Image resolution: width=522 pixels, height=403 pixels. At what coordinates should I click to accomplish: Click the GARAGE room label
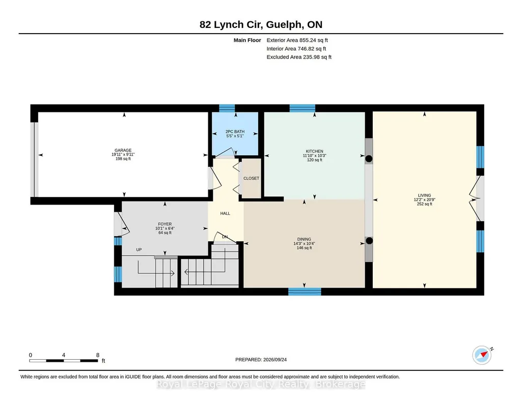click(x=123, y=150)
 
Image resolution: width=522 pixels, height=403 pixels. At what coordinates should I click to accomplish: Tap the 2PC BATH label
click(x=235, y=132)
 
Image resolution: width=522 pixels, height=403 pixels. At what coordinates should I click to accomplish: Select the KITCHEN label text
click(x=315, y=151)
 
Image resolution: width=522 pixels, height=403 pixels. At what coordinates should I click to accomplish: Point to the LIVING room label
click(x=424, y=195)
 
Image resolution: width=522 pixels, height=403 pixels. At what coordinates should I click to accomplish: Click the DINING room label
click(x=304, y=239)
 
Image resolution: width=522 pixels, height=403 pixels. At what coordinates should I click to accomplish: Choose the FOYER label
click(x=165, y=224)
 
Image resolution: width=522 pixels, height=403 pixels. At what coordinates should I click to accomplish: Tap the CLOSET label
click(x=252, y=178)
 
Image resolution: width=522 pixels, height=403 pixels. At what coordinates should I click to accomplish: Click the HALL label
click(x=225, y=214)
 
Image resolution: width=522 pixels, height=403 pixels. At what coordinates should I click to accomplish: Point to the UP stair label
click(x=139, y=250)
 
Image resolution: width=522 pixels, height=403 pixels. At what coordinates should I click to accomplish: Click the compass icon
click(x=482, y=355)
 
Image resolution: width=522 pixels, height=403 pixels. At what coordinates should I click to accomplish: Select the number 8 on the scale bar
click(x=98, y=355)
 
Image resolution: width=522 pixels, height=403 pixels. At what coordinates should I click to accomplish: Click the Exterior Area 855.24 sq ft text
click(x=297, y=40)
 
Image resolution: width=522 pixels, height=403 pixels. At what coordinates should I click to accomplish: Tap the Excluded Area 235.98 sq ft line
click(x=299, y=57)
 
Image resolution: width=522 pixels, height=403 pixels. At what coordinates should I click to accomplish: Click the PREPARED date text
click(x=261, y=360)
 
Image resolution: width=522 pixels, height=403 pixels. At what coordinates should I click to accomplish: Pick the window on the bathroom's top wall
click(x=227, y=108)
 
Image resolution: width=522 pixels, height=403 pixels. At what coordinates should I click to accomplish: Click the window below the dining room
click(x=305, y=292)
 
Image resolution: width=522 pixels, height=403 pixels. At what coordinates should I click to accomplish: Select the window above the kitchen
click(x=303, y=108)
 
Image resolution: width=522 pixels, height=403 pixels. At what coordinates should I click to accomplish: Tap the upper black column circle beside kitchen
click(x=369, y=159)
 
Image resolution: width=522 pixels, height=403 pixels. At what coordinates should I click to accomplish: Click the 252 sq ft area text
click(x=424, y=204)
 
